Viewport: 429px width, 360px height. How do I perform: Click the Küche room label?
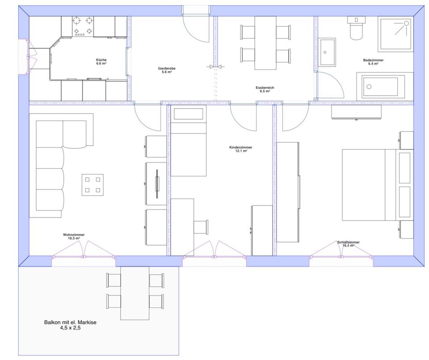tap(101, 62)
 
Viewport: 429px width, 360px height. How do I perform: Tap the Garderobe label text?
tap(167, 70)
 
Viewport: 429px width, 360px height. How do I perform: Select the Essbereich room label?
tap(265, 89)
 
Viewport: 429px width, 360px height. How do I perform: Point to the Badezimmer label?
tap(373, 62)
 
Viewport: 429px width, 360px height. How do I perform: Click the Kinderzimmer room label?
tap(241, 149)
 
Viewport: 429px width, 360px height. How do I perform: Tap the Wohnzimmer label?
tap(74, 236)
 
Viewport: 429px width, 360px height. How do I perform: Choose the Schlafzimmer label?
tap(348, 244)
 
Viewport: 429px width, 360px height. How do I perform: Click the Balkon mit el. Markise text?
tap(70, 325)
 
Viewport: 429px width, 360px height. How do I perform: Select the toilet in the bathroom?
tap(356, 28)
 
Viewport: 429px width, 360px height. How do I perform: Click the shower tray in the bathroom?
tap(395, 34)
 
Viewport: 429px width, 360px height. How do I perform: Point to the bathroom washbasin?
tap(328, 52)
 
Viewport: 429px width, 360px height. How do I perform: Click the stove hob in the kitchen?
tap(83, 26)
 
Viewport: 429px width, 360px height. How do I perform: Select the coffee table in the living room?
tap(93, 185)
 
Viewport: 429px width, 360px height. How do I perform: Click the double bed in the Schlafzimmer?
tap(378, 185)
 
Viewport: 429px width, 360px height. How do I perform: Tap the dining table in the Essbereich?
tap(265, 43)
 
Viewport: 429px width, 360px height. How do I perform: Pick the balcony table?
tap(135, 293)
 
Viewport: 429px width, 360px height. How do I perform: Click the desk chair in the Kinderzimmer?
tap(201, 227)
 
